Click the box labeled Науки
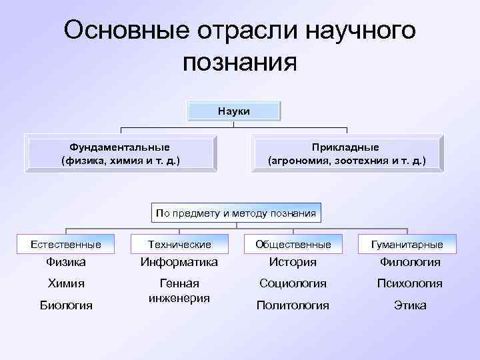coord(233,111)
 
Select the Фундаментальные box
coord(120,153)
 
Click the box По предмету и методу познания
coord(236,213)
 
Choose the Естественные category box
coord(66,245)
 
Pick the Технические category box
coord(179,245)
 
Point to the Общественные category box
coord(293,245)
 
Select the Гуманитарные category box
coord(407,245)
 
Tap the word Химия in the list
coord(66,283)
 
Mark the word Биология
coord(66,305)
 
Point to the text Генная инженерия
coord(179,291)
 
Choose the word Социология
coord(293,283)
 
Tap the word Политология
coord(293,305)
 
